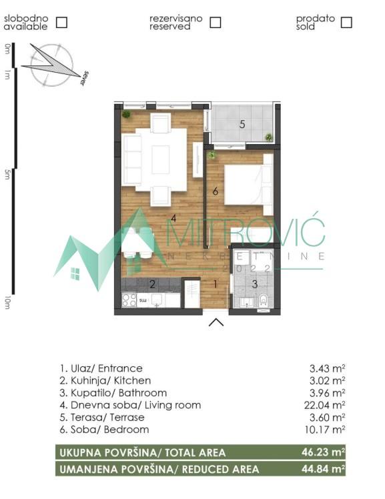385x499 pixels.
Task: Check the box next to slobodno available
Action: click(61, 22)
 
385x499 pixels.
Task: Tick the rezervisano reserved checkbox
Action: click(215, 22)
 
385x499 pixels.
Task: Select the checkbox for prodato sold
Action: click(346, 22)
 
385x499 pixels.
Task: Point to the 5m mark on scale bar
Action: click(7, 175)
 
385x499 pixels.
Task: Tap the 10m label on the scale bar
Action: click(7, 302)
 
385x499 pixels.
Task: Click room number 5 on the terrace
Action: click(242, 123)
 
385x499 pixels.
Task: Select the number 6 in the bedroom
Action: click(215, 191)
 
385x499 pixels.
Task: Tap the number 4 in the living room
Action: click(173, 217)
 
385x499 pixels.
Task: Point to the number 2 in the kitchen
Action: click(152, 285)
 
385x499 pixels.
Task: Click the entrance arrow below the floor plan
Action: click(216, 324)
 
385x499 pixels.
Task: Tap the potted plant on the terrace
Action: click(268, 137)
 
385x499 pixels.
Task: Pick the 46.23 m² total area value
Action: click(322, 453)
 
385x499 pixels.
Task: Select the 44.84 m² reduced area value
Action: click(322, 470)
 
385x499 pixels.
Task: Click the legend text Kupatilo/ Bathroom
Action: click(113, 393)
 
